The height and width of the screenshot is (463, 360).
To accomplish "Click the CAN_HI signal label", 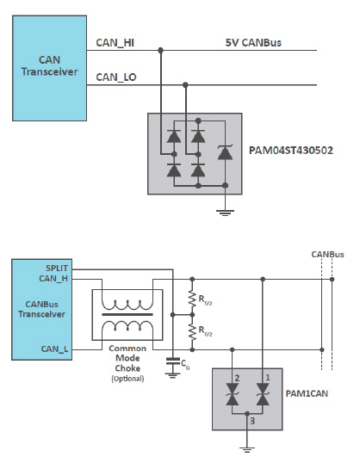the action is pos(115,43).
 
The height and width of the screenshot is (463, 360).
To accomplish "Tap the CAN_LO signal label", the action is pos(116,77).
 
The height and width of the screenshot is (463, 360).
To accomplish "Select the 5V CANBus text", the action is pos(253,43).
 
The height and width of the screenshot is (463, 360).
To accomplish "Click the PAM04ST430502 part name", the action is pos(291,151).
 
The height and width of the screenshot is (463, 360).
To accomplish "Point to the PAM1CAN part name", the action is pos(307,393).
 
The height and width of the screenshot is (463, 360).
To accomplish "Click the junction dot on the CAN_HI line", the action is pos(160,51).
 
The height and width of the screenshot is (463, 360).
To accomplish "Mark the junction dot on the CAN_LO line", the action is pos(185,85).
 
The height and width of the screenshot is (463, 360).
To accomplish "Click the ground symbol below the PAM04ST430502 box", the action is pos(225,213).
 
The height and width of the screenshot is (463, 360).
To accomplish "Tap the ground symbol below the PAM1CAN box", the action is pos(247,450).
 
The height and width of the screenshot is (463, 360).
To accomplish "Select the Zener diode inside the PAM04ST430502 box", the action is pos(225,152).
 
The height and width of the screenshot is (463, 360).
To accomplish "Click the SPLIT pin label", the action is pos(57,269).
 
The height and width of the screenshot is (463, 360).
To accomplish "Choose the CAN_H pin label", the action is pos(53,279).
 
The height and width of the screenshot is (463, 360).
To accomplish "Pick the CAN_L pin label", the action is pos(54,349).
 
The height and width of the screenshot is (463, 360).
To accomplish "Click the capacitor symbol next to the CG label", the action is pos(172,361).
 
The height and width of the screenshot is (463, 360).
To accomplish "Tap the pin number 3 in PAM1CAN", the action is pos(252,421).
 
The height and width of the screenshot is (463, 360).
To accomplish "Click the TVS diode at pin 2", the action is pos(232,394).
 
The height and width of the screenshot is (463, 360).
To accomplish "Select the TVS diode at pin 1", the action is pos(263,394).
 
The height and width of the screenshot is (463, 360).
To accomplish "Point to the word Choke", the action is pos(127,368).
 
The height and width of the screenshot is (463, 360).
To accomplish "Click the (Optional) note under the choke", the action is pos(127,379).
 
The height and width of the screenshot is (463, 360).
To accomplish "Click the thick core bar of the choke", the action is pos(127,315).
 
